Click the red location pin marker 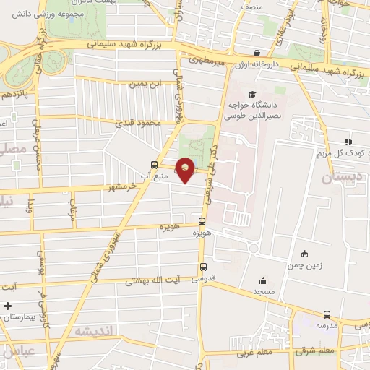[x=186, y=169]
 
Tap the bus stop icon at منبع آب [x=152, y=164]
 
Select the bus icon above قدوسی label [x=202, y=265]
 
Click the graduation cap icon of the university [x=251, y=94]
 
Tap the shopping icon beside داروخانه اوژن [x=258, y=53]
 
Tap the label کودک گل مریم [x=344, y=153]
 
